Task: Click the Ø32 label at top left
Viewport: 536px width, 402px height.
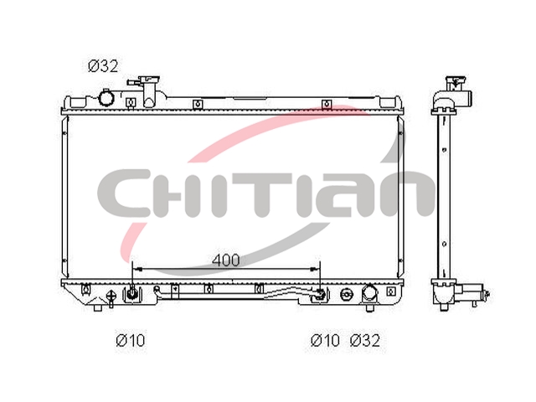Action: [103, 66]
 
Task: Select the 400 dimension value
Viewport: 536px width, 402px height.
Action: [225, 260]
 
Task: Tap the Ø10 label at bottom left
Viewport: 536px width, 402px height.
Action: [131, 340]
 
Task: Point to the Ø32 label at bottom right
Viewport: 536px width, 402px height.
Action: [365, 340]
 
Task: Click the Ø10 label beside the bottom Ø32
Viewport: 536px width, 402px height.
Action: [325, 340]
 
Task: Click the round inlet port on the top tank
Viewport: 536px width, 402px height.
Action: [105, 98]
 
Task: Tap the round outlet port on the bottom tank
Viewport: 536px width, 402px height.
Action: [369, 294]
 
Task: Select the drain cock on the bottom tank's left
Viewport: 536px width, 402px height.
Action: [111, 298]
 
